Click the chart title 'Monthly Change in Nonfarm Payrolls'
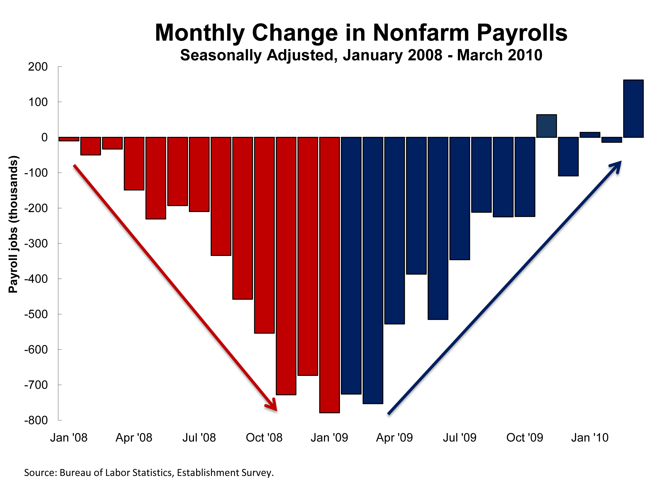(x=361, y=33)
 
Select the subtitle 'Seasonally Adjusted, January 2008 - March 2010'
(x=361, y=55)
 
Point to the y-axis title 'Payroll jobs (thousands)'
(x=13, y=224)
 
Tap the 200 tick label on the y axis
(x=38, y=67)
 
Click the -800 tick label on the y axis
(x=36, y=420)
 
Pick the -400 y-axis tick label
(x=36, y=279)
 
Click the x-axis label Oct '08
(x=264, y=437)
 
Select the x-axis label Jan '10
(x=590, y=437)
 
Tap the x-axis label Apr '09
(x=394, y=437)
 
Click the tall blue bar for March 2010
(x=633, y=109)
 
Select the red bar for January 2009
(x=329, y=275)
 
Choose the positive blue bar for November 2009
(x=547, y=126)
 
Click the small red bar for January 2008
(x=69, y=139)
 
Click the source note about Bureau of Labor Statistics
(x=149, y=473)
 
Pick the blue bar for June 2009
(x=438, y=228)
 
